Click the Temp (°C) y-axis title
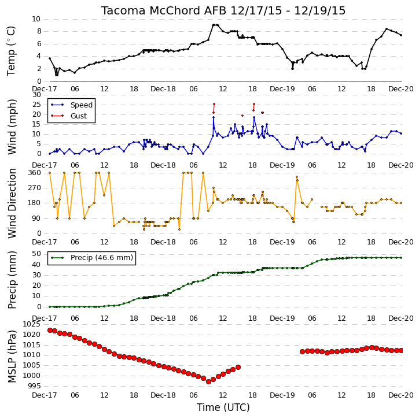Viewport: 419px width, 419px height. click(11, 51)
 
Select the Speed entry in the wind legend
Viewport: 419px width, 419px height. click(82, 105)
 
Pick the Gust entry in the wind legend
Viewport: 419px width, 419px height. click(79, 116)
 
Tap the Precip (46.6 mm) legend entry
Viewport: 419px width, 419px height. click(102, 258)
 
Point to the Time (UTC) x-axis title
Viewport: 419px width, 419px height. click(223, 407)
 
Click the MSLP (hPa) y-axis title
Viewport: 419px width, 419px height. click(12, 356)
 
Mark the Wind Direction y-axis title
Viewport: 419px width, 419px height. click(12, 203)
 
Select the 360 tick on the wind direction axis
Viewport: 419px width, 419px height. click(35, 173)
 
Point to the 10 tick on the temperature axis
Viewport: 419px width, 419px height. click(36, 19)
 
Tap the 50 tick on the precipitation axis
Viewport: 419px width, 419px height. click(36, 254)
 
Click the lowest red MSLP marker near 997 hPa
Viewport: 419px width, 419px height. click(208, 381)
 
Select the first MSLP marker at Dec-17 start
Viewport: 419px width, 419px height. click(50, 330)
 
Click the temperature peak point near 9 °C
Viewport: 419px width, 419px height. click(214, 25)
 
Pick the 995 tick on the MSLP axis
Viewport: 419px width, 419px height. click(35, 386)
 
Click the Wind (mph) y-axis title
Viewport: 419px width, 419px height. click(12, 127)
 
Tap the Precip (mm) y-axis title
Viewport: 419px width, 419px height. click(12, 280)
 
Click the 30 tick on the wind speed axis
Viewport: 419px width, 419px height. click(36, 95)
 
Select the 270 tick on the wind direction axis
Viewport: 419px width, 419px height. click(35, 188)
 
